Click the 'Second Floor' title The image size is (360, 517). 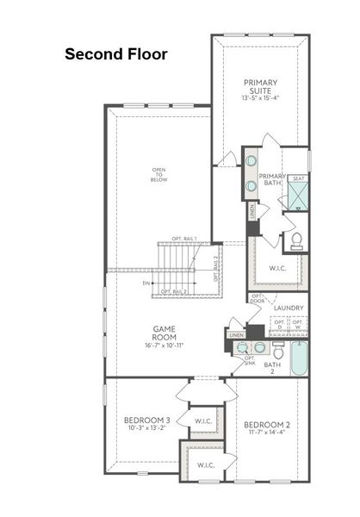click(115, 54)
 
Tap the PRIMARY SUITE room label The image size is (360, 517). click(261, 86)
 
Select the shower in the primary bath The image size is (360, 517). click(297, 196)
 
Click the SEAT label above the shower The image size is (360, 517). click(298, 178)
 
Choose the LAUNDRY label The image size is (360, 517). click(287, 308)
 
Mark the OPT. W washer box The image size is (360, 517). click(297, 325)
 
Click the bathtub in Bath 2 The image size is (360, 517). click(298, 358)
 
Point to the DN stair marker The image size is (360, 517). click(147, 282)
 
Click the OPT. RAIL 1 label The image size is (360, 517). click(184, 239)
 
